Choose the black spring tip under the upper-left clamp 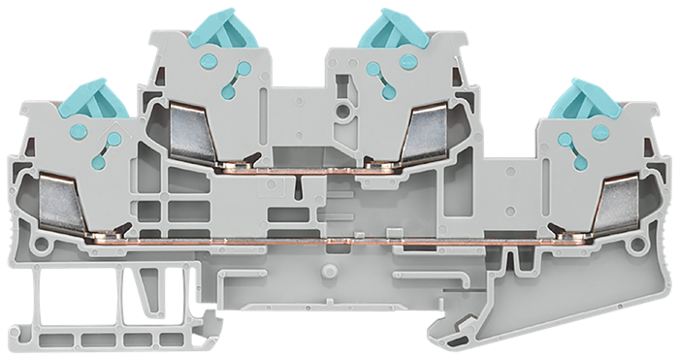[x=249, y=158]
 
